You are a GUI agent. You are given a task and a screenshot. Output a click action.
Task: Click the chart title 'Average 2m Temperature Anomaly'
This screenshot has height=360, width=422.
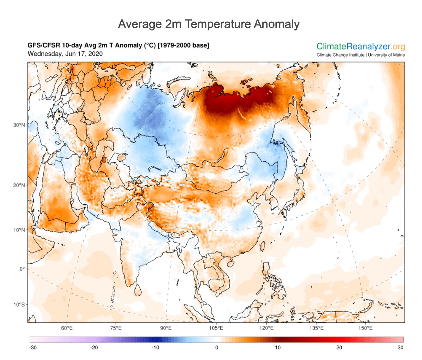pyautogui.click(x=209, y=24)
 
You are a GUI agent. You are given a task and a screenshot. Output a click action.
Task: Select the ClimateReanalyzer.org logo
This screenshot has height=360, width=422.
pyautogui.click(x=361, y=47)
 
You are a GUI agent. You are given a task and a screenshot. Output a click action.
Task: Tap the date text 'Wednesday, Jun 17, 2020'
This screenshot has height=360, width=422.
pyautogui.click(x=65, y=54)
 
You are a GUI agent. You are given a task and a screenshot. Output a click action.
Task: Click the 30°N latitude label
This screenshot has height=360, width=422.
pyautogui.click(x=19, y=125)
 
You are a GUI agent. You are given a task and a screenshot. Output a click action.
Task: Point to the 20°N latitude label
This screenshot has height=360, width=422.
pyautogui.click(x=19, y=185)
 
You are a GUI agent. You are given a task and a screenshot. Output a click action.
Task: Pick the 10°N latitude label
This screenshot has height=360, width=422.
pyautogui.click(x=19, y=230)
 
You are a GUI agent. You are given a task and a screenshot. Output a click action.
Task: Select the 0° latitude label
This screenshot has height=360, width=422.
pyautogui.click(x=22, y=269)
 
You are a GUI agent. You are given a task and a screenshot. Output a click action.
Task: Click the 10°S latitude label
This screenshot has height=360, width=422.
pyautogui.click(x=19, y=305)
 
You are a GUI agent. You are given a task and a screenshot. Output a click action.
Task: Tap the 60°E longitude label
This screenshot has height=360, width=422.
pyautogui.click(x=67, y=328)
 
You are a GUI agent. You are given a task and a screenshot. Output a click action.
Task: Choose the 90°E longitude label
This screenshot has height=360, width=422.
pyautogui.click(x=166, y=328)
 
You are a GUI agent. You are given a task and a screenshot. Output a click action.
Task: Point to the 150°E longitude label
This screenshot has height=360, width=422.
pyautogui.click(x=366, y=328)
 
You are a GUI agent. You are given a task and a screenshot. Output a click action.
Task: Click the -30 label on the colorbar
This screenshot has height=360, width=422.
pyautogui.click(x=33, y=348)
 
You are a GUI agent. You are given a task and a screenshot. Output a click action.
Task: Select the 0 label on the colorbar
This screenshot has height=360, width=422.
pyautogui.click(x=217, y=348)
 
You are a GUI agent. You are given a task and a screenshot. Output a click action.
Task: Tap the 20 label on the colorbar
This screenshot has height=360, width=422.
pyautogui.click(x=339, y=348)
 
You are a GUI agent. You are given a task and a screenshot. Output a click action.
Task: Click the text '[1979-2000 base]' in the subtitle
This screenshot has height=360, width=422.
pyautogui.click(x=183, y=45)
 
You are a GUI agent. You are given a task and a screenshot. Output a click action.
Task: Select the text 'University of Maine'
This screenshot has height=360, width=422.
pyautogui.click(x=387, y=55)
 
